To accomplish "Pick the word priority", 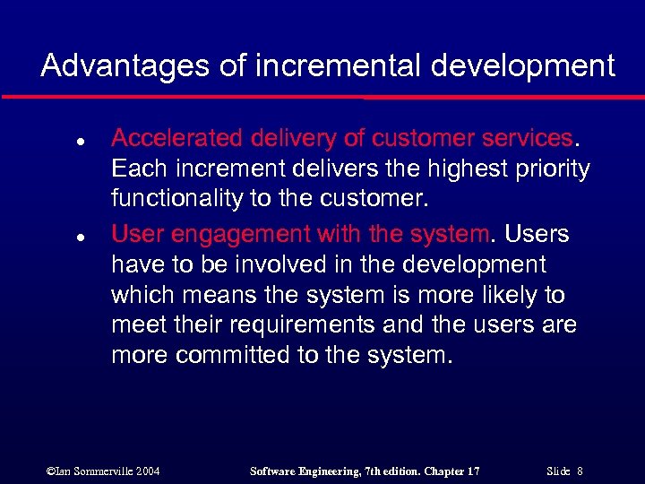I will coord(553,170).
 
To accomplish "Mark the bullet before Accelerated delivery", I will coord(56,142).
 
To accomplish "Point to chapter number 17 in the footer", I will coord(472,471).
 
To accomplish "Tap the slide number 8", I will coord(580,471).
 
